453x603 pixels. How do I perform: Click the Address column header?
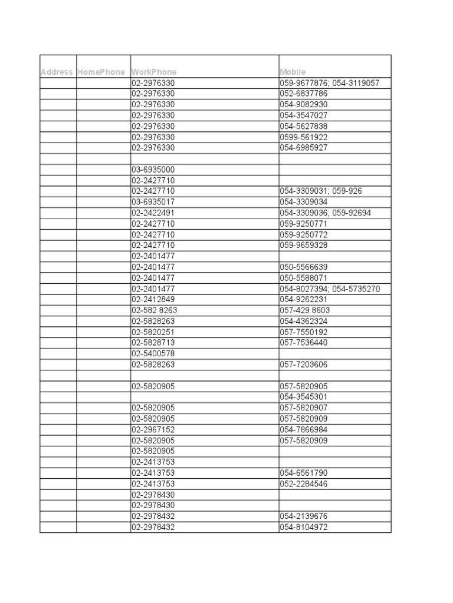(x=57, y=72)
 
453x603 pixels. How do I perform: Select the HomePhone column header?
(x=101, y=72)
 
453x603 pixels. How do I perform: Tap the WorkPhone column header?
(x=154, y=72)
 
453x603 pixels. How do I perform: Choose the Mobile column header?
(x=293, y=72)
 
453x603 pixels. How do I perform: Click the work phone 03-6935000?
(x=153, y=170)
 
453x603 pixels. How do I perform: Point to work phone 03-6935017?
(x=153, y=202)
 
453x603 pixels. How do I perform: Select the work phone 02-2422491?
(x=153, y=213)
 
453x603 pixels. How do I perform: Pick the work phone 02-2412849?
(x=153, y=299)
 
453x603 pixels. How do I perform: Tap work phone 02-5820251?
(x=153, y=332)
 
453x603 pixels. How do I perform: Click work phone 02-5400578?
(x=153, y=353)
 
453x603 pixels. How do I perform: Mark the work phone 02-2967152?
(x=153, y=430)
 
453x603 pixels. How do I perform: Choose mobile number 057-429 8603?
(x=305, y=310)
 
